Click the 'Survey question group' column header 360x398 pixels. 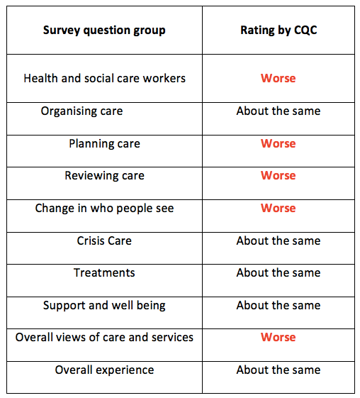tap(104, 31)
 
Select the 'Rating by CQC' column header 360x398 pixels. tap(278, 31)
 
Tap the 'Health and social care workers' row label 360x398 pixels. tap(104, 78)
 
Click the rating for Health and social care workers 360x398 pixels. tap(278, 78)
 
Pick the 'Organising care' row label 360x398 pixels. tap(81, 111)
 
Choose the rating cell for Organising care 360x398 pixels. tap(278, 111)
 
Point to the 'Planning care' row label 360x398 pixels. tap(104, 143)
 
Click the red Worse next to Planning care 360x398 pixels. tap(278, 143)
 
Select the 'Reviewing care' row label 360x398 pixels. tap(104, 176)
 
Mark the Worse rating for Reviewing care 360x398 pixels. tap(278, 176)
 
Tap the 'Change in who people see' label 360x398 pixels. tap(104, 209)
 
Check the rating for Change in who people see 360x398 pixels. tap(278, 209)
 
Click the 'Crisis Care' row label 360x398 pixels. tap(104, 241)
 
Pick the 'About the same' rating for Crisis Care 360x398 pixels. tap(278, 241)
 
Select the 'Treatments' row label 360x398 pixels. tap(104, 273)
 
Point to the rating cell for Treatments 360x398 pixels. tap(278, 273)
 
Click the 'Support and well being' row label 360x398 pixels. tap(104, 306)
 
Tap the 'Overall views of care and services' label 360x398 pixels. tap(104, 338)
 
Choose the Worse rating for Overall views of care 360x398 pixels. tap(278, 338)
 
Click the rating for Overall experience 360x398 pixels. tap(278, 370)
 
